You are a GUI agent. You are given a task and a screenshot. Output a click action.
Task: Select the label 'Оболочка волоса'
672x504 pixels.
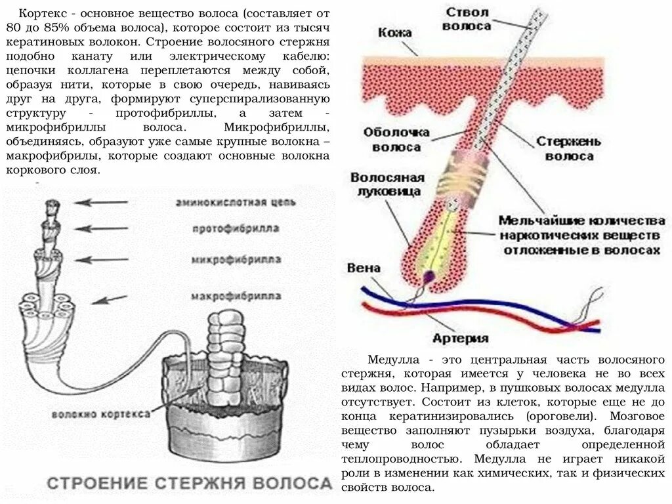click(396, 139)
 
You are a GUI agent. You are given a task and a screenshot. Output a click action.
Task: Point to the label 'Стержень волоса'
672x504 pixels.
click(570, 149)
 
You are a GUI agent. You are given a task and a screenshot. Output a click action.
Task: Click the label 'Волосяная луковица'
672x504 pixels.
click(387, 184)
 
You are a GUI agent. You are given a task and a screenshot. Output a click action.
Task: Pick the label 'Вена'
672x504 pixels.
click(364, 268)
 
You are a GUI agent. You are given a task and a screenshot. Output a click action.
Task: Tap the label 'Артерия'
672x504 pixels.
click(461, 338)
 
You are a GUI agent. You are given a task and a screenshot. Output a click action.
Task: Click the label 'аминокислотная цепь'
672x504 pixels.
click(236, 202)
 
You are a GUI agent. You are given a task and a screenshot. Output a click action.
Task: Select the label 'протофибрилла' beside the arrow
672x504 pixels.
click(236, 229)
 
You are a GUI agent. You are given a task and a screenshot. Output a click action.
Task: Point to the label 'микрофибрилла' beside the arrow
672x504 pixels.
click(236, 260)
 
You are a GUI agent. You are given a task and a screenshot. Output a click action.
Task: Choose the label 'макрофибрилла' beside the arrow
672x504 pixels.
click(236, 297)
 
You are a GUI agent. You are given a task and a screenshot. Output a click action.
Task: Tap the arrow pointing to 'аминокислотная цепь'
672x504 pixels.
click(106, 202)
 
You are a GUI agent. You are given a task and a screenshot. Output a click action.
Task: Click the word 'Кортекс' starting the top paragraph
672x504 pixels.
click(39, 14)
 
